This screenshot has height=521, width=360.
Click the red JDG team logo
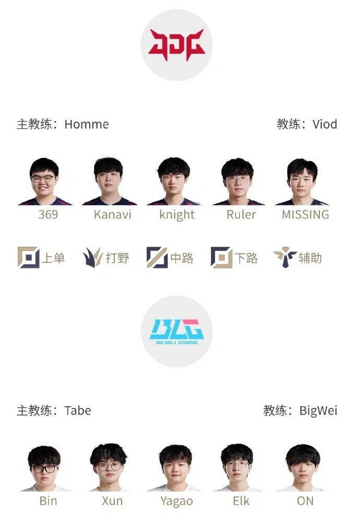[176, 45]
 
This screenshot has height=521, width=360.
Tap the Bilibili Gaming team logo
[176, 331]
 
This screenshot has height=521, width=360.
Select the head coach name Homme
[87, 124]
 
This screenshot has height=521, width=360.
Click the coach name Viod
[325, 124]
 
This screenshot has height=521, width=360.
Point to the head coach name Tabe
[78, 410]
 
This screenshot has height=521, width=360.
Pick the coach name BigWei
[318, 410]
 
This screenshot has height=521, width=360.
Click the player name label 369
[48, 214]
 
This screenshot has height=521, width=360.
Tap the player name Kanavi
[112, 214]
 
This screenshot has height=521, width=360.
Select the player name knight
[177, 215]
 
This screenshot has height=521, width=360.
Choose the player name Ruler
[241, 214]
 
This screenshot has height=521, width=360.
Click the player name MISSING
[305, 214]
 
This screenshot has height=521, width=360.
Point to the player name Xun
[112, 501]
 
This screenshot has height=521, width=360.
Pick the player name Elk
[241, 501]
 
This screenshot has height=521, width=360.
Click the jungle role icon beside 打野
[92, 258]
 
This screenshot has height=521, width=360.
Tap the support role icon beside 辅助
[285, 258]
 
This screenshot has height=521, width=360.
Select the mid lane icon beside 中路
[157, 258]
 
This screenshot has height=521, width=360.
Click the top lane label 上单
[53, 258]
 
